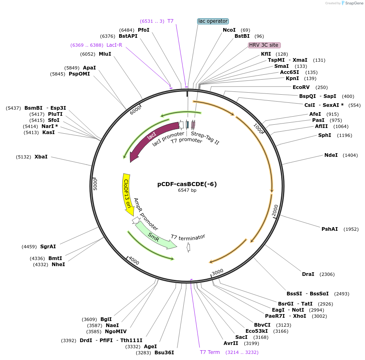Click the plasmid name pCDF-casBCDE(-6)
pos(187,184)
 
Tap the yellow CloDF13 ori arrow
pos(127,193)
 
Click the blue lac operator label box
pos(213,21)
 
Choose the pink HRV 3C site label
pos(264,45)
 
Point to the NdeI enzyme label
pos(331,155)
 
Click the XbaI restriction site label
pos(41,156)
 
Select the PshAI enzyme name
pos(330,229)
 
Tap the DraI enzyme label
pos(308,274)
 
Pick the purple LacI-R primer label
pos(114,45)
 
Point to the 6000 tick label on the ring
pos(135,110)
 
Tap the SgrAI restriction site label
pos(48,247)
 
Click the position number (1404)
pos(350,155)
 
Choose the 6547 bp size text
pos(187,190)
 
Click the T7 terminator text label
pos(188,236)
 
